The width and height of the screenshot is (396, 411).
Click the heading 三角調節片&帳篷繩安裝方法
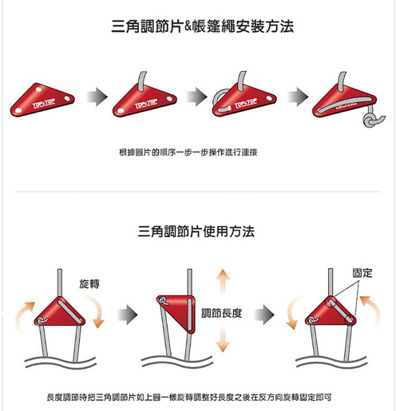tap(203, 26)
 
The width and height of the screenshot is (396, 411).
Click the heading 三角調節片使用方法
tap(196, 231)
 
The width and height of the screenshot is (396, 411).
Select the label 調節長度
tap(222, 313)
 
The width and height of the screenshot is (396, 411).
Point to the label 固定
tap(362, 272)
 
